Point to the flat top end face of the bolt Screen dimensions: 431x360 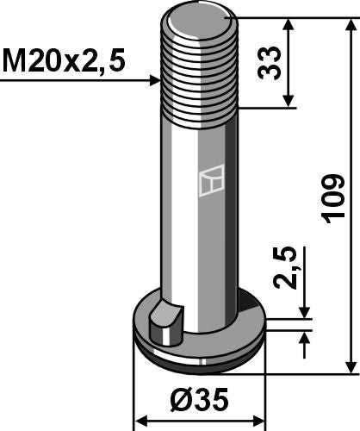point(200,22)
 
